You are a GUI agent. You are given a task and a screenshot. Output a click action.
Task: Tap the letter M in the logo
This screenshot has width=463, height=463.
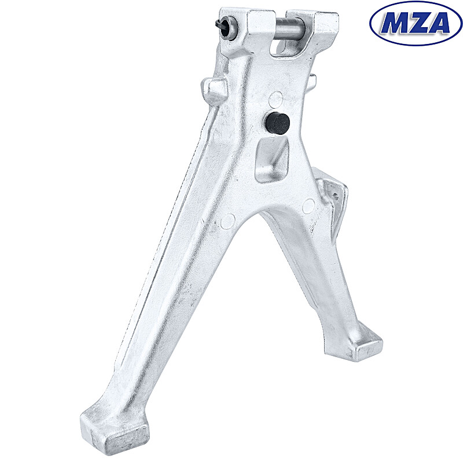pyautogui.click(x=395, y=23)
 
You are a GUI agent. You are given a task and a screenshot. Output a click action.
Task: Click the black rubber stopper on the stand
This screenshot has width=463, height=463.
pyautogui.click(x=278, y=123)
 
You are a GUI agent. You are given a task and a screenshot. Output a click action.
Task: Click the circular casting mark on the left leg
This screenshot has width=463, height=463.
pyautogui.click(x=229, y=220)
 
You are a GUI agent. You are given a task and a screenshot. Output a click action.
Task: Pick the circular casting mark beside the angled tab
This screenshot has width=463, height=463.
pyautogui.click(x=309, y=205)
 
